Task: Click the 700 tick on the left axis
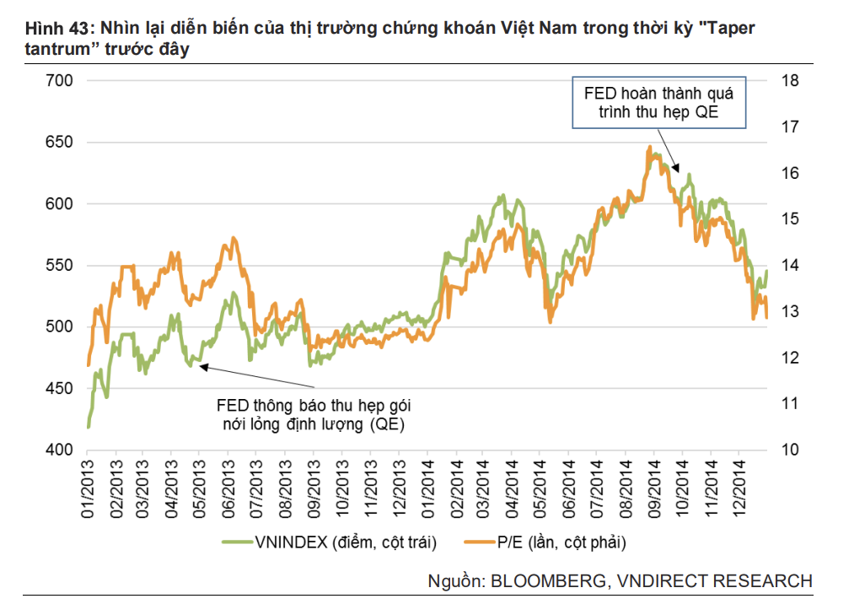pyautogui.click(x=64, y=81)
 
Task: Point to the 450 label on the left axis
pyautogui.click(x=64, y=389)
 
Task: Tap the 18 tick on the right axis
pyautogui.click(x=790, y=81)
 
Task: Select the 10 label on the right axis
pyautogui.click(x=790, y=450)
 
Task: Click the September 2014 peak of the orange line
pyautogui.click(x=649, y=148)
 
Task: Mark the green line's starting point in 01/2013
pyautogui.click(x=89, y=427)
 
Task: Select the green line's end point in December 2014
pyautogui.click(x=767, y=271)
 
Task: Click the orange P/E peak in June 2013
pyautogui.click(x=233, y=239)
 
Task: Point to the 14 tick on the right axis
pyautogui.click(x=790, y=266)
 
